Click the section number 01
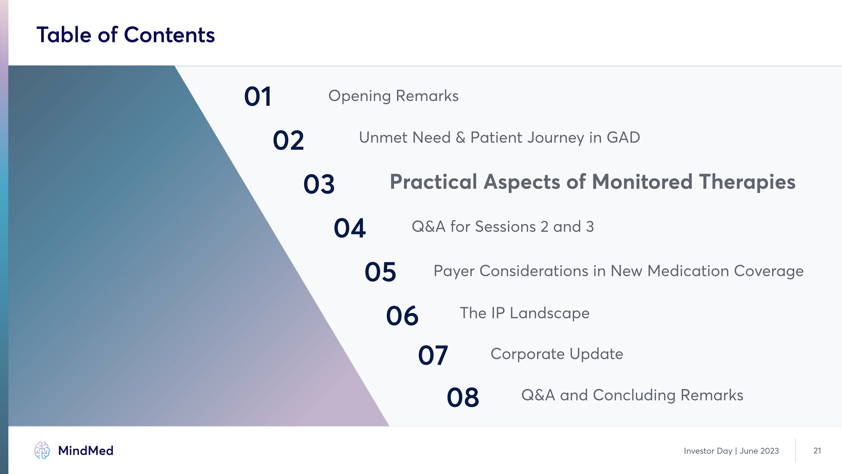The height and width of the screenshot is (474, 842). [258, 97]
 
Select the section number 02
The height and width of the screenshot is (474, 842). [288, 140]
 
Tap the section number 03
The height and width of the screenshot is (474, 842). [319, 184]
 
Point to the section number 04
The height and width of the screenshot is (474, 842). [350, 228]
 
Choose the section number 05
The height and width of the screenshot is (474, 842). [380, 272]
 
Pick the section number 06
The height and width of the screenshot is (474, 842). [402, 316]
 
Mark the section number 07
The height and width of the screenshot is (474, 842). [433, 355]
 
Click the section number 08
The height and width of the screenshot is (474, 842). [463, 398]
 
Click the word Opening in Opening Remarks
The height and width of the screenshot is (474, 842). [360, 96]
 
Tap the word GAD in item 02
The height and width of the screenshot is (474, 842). [623, 137]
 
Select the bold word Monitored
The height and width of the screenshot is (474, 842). [642, 182]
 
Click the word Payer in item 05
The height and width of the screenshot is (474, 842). [454, 271]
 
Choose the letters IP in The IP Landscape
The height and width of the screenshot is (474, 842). [498, 313]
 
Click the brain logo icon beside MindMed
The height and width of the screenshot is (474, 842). [42, 450]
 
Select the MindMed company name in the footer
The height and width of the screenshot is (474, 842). [86, 451]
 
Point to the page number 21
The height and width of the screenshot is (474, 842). [817, 451]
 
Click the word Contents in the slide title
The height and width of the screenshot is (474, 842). [169, 35]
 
